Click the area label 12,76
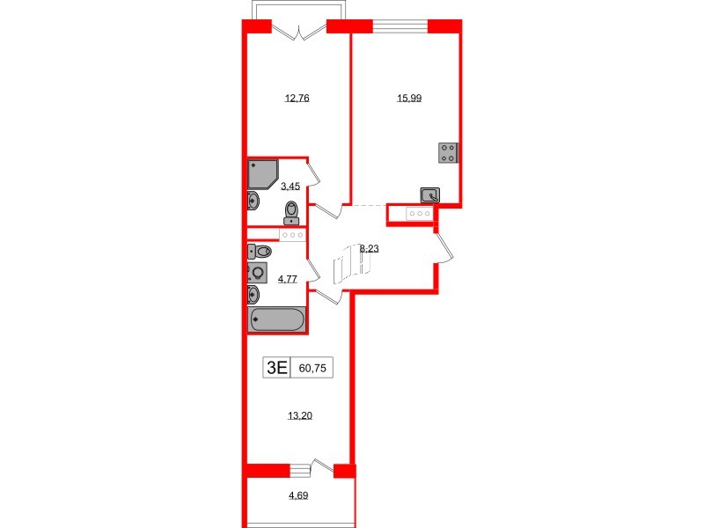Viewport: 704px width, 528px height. pos(297,99)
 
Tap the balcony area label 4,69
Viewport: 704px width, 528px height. pos(298,496)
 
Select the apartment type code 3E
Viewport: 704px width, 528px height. pos(276,369)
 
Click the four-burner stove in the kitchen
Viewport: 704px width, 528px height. pos(447,153)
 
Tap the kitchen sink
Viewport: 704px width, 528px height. pos(430,195)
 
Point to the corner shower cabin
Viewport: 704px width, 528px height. pos(262,173)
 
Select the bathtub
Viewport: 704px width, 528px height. pos(277,319)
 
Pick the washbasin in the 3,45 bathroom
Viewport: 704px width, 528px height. pos(253,202)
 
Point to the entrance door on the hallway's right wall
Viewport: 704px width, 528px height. pos(444,246)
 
